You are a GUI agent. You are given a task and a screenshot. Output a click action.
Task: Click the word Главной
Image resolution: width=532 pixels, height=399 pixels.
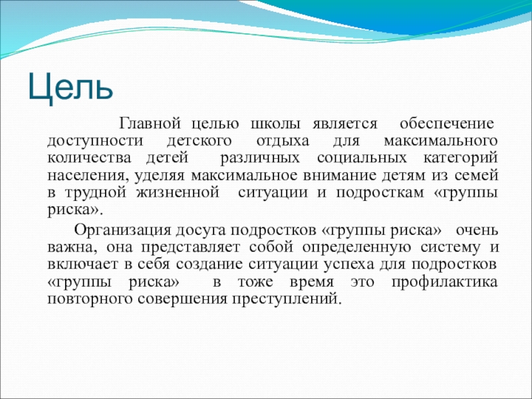point(150,124)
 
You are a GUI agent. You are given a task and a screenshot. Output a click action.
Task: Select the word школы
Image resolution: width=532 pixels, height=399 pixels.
point(275,124)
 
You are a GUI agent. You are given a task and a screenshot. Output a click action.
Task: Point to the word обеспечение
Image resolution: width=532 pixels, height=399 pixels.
point(446,124)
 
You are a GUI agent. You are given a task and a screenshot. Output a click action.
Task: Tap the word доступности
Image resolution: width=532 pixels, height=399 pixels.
point(95,142)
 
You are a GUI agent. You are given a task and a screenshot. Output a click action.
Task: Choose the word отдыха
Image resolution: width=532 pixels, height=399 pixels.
point(283,142)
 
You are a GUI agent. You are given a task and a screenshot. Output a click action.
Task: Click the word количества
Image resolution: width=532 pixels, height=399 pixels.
point(89,158)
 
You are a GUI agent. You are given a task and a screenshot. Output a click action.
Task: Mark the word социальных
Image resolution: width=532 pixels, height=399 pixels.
point(362,158)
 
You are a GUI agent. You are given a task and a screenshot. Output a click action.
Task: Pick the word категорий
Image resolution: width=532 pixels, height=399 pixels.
point(460,159)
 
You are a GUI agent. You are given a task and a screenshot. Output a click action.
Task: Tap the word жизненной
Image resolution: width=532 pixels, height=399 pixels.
point(178,193)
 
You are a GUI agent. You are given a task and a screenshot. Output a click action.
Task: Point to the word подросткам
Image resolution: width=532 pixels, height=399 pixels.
point(380,194)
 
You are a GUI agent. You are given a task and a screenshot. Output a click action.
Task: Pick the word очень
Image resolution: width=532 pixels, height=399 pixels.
point(477,231)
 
